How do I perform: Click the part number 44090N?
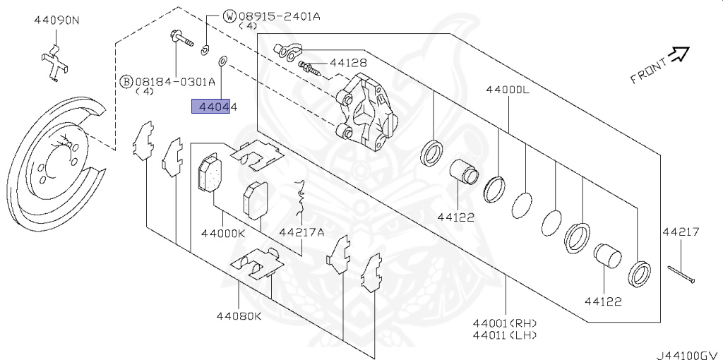pyautogui.click(x=56, y=20)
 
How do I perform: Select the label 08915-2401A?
pyautogui.click(x=279, y=17)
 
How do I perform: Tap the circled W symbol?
pyautogui.click(x=229, y=17)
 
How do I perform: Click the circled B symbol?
pyautogui.click(x=126, y=82)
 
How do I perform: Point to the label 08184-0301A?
pyautogui.click(x=175, y=82)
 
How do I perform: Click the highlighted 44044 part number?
pyautogui.click(x=215, y=107)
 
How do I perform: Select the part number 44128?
pyautogui.click(x=347, y=63)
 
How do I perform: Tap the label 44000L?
pyautogui.click(x=508, y=90)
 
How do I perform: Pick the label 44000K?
pyautogui.click(x=222, y=233)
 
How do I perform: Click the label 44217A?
pyautogui.click(x=301, y=232)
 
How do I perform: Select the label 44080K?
pyautogui.click(x=239, y=316)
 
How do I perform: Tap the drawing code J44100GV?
pyautogui.click(x=689, y=355)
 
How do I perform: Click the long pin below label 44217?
pyautogui.click(x=681, y=275)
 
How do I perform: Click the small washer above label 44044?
pyautogui.click(x=223, y=61)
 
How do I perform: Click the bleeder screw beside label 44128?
pyautogui.click(x=311, y=68)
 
